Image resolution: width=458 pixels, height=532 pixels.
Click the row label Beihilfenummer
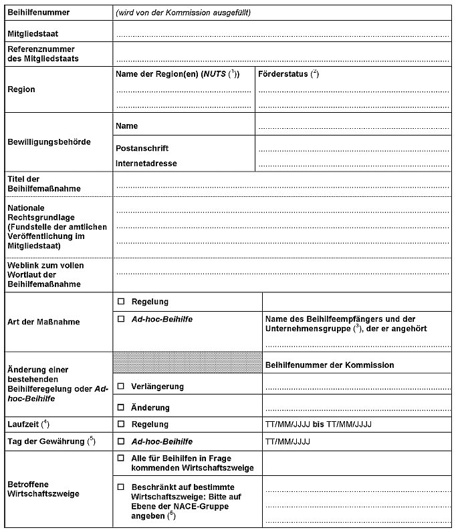(38, 13)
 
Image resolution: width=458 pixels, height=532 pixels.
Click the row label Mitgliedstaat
(33, 33)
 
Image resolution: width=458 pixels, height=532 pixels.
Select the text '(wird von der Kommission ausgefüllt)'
(183, 13)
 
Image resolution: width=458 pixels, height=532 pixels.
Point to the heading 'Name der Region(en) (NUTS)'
(177, 74)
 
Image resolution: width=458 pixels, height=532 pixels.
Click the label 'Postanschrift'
(142, 148)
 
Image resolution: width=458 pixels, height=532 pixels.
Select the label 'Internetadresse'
(146, 164)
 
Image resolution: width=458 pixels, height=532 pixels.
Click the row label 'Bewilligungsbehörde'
(48, 142)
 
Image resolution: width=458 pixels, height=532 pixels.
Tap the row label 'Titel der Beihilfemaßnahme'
(43, 184)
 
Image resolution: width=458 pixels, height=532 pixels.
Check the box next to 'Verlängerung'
(121, 386)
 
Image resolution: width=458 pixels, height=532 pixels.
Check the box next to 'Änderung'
(121, 407)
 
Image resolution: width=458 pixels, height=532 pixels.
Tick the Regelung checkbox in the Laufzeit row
(121, 424)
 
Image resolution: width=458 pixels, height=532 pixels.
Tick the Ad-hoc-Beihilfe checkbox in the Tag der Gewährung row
(121, 441)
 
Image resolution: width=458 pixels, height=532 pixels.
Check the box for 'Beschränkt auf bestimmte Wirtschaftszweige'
(121, 487)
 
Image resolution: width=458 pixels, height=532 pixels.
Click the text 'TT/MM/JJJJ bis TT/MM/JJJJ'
(318, 425)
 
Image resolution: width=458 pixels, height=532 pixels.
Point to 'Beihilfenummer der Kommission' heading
(329, 365)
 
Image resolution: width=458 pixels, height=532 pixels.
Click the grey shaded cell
(187, 362)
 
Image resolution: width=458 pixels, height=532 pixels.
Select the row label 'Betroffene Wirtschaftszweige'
(43, 489)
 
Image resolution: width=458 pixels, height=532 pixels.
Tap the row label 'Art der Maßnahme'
(43, 322)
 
